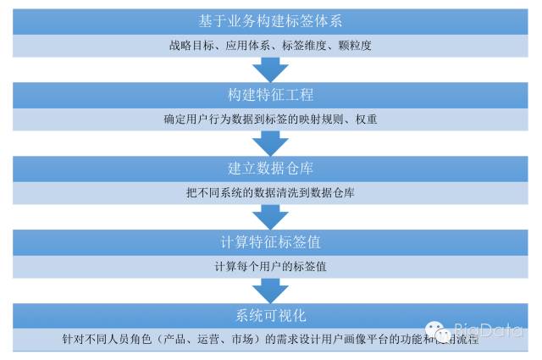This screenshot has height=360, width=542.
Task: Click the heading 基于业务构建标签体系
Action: (x=270, y=19)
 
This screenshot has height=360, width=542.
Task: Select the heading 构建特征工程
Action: (x=270, y=94)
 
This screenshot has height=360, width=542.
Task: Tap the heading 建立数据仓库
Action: (x=270, y=168)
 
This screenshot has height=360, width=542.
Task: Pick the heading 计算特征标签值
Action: (x=270, y=242)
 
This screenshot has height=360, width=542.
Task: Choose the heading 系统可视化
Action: (x=270, y=316)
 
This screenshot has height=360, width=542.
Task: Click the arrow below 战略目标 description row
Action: (x=270, y=65)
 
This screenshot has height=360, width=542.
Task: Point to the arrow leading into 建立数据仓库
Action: (x=270, y=141)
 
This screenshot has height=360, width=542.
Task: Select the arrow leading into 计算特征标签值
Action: (x=270, y=214)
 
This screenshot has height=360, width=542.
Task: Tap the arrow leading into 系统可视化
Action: (x=270, y=289)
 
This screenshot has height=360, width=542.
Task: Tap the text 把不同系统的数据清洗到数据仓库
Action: (x=270, y=193)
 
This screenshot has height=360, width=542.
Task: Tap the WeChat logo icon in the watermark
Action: (x=438, y=331)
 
